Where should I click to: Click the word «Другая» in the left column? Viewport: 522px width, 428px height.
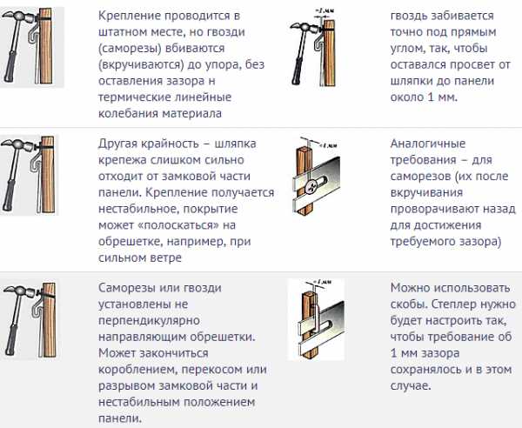pyautogui.click(x=117, y=144)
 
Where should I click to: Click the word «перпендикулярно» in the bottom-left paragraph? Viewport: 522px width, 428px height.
pyautogui.click(x=149, y=321)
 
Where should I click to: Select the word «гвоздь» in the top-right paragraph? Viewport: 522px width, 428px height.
pyautogui.click(x=409, y=16)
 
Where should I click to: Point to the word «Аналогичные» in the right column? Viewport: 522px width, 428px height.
pyautogui.click(x=428, y=144)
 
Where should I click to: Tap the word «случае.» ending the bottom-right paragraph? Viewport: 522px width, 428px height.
pyautogui.click(x=411, y=386)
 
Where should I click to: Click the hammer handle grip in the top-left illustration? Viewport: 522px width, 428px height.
pyautogui.click(x=10, y=66)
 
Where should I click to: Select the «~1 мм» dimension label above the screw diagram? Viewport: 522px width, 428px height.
pyautogui.click(x=328, y=145)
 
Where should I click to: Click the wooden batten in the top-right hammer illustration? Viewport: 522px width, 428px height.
pyautogui.click(x=329, y=53)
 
